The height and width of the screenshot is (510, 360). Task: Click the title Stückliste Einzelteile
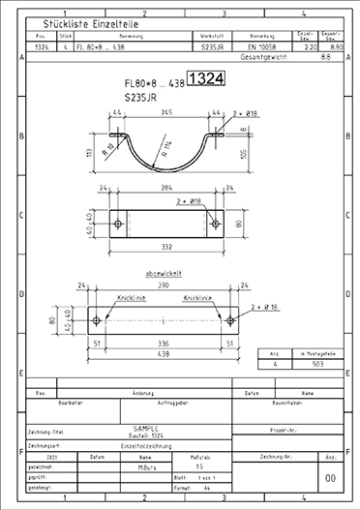(x=81, y=23)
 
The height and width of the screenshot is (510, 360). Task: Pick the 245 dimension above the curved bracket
(x=168, y=112)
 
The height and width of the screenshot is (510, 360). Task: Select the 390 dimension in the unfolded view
(x=165, y=286)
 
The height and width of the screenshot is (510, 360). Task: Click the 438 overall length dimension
(x=165, y=353)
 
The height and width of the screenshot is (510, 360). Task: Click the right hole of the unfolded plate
(x=233, y=320)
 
